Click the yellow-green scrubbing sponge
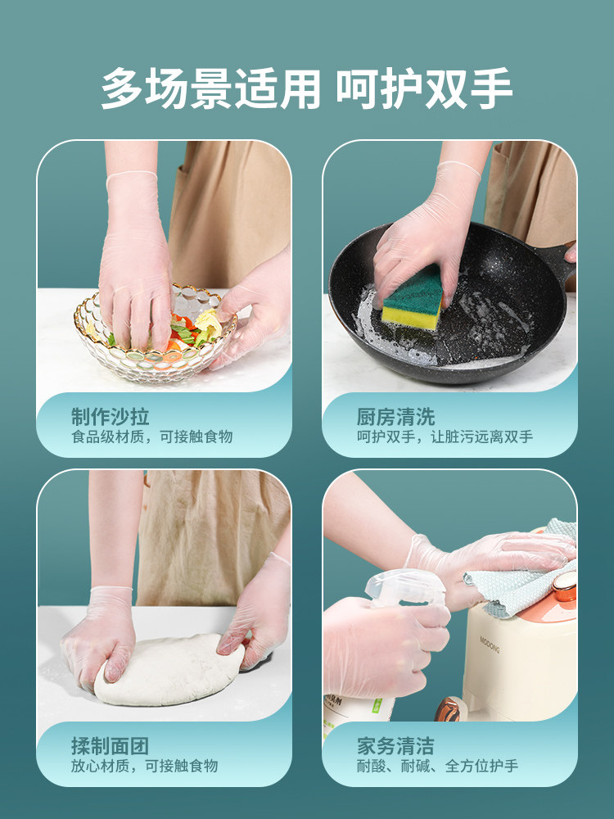click(x=413, y=299)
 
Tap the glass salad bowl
click(x=155, y=334)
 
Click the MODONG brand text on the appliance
click(x=490, y=645)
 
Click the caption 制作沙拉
click(x=111, y=417)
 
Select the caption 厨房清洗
click(x=395, y=417)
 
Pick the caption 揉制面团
click(x=111, y=746)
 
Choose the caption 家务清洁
click(x=395, y=746)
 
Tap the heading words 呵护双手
click(x=424, y=88)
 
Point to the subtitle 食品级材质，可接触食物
click(x=152, y=437)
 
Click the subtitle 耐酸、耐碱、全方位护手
click(x=437, y=766)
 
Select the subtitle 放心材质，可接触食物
click(x=145, y=766)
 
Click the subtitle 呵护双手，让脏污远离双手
click(x=445, y=437)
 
